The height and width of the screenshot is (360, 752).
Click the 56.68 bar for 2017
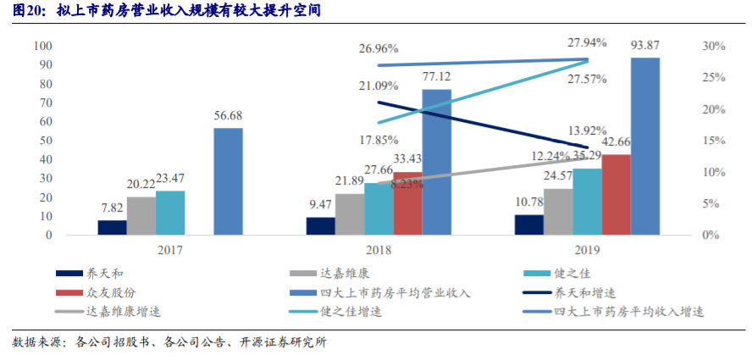pyautogui.click(x=229, y=181)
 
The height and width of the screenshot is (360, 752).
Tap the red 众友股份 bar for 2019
pyautogui.click(x=617, y=194)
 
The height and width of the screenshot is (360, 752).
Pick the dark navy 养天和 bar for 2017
pyautogui.click(x=112, y=227)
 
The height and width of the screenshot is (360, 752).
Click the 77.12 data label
pyautogui.click(x=437, y=78)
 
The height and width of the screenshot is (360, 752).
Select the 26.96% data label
pyautogui.click(x=379, y=48)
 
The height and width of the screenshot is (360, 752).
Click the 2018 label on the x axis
pyautogui.click(x=379, y=251)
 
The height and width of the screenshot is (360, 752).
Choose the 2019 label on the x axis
pyautogui.click(x=588, y=251)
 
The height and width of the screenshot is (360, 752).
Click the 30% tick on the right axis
pyautogui.click(x=714, y=47)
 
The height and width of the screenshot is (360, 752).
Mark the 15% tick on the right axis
pyautogui.click(x=714, y=141)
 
